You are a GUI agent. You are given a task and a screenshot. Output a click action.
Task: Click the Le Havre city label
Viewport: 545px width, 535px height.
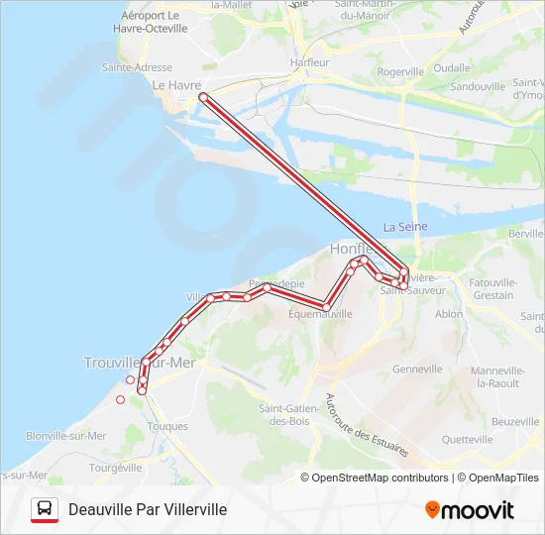(x=176, y=85)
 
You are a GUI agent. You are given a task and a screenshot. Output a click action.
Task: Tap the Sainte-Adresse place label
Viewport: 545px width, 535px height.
(x=137, y=67)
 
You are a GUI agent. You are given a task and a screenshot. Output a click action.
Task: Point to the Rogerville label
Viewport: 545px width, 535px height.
(x=400, y=71)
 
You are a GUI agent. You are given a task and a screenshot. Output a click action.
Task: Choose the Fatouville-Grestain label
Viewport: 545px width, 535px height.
(x=494, y=288)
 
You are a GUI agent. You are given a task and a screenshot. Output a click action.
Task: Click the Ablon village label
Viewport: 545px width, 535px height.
(x=449, y=314)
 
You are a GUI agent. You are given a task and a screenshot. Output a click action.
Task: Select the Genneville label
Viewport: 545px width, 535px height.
(x=417, y=369)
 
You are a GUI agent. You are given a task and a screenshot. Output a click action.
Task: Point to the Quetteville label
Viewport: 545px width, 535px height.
(x=467, y=439)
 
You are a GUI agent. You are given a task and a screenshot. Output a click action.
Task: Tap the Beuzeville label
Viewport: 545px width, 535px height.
(x=515, y=421)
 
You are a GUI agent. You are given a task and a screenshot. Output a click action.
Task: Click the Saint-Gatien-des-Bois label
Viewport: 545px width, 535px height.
(x=287, y=414)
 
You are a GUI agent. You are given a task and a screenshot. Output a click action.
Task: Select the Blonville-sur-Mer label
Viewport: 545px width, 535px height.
(x=66, y=435)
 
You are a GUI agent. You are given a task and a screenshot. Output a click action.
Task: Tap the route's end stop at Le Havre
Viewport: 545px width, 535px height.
(x=203, y=97)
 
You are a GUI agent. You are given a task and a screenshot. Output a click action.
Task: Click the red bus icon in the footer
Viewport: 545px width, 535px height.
(x=44, y=509)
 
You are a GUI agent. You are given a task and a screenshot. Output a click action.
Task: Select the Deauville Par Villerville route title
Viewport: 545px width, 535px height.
(x=148, y=509)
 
